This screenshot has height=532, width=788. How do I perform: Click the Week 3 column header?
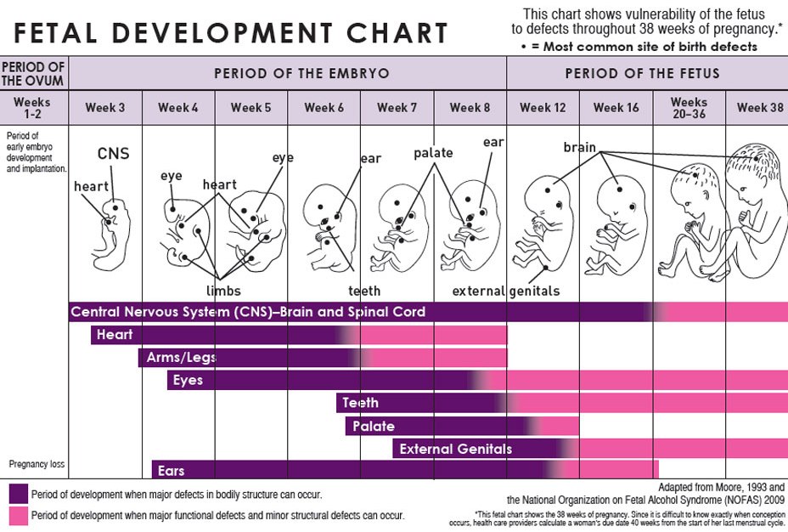point(104,108)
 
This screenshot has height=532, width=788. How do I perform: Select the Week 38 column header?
point(760,108)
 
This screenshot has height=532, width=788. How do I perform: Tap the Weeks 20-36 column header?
point(689,108)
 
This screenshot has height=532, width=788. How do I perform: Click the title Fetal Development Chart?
point(231,33)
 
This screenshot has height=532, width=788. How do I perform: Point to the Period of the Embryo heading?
point(301,73)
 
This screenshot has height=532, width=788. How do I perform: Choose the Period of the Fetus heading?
point(642,73)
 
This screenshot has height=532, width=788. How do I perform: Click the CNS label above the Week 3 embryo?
point(113,154)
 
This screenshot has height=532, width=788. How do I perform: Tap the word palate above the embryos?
point(433,153)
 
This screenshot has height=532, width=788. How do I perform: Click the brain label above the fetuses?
point(580,147)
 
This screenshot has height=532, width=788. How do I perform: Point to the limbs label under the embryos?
point(223,291)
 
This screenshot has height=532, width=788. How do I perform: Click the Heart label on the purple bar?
point(115,335)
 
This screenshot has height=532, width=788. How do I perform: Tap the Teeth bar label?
point(360,402)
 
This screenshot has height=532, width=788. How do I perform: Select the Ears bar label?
point(171,470)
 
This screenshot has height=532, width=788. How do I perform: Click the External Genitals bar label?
point(455,449)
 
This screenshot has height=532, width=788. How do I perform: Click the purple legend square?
point(18,494)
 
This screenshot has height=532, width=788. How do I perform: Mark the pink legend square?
point(18,515)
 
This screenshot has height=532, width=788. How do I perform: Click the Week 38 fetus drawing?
point(754,212)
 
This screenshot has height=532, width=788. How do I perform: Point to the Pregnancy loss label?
point(37,464)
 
